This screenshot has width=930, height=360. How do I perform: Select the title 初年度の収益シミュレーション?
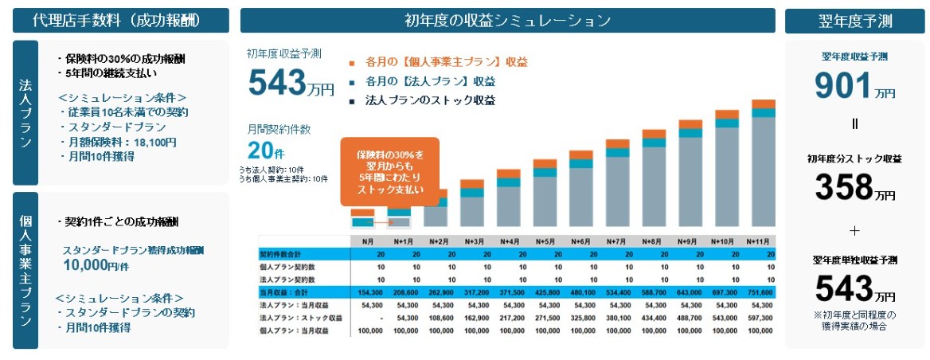(x=507, y=20)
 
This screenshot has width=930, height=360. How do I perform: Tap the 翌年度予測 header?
(x=854, y=21)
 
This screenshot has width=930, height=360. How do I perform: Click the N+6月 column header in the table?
(x=580, y=241)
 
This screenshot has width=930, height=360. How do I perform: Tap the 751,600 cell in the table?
(x=758, y=292)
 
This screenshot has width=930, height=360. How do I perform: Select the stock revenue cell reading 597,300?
(x=758, y=317)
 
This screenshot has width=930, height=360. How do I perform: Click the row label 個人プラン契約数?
(x=287, y=267)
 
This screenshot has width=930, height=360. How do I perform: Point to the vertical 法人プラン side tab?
(x=25, y=113)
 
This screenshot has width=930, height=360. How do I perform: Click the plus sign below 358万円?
(x=854, y=231)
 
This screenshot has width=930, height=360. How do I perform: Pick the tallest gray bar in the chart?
(x=763, y=170)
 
